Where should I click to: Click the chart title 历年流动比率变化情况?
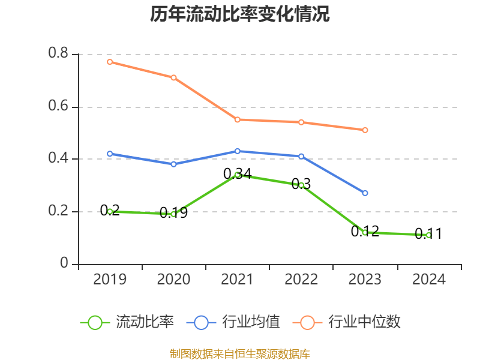240,14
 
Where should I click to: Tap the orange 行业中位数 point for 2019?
110,62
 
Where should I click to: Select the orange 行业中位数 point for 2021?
238,119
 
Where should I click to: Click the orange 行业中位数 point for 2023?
365,130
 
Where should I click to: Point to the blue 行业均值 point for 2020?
173,164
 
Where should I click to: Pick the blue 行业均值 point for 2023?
365,193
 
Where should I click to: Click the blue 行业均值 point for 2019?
110,154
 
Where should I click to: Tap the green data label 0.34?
238,174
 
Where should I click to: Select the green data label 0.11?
428,234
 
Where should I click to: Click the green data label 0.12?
365,231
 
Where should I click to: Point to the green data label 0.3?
301,184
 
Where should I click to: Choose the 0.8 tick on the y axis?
59,54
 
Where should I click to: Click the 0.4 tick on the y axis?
59,159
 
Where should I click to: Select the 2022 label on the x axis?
301,280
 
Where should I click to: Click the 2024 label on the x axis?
428,280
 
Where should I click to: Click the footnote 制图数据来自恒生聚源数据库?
240,353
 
